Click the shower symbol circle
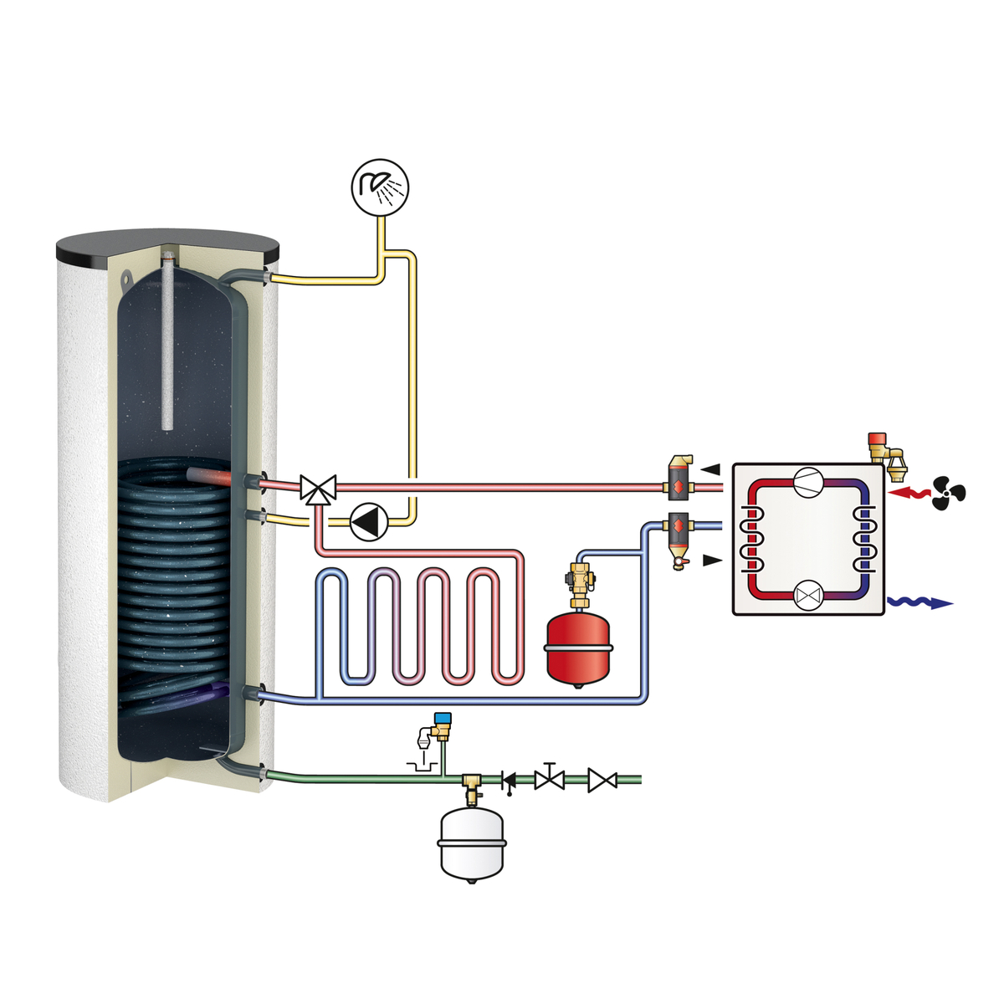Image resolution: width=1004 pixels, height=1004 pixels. tap(379, 186)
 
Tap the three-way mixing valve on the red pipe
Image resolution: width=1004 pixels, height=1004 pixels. tap(317, 488)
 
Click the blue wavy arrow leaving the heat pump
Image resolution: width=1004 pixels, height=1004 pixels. tap(920, 602)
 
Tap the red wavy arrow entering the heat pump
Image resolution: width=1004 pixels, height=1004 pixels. tap(909, 494)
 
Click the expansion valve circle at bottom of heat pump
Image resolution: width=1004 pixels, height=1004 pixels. tap(808, 595)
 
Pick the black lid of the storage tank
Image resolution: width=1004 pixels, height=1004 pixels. tap(167, 244)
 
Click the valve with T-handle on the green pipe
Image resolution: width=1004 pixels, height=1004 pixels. tap(550, 778)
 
